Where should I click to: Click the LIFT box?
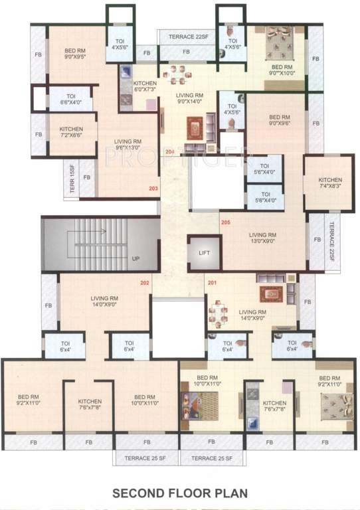(x=204, y=254)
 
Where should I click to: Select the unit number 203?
(x=154, y=189)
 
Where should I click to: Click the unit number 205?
(x=226, y=222)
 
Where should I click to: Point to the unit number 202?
(x=144, y=284)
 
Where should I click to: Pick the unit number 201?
(x=212, y=284)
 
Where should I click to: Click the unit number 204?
(x=170, y=152)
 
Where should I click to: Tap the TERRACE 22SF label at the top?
(x=185, y=36)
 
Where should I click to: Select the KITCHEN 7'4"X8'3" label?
(x=329, y=183)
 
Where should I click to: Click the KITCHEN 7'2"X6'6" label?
(x=71, y=131)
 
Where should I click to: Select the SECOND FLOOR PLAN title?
(x=180, y=493)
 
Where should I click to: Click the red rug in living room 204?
(x=194, y=125)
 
